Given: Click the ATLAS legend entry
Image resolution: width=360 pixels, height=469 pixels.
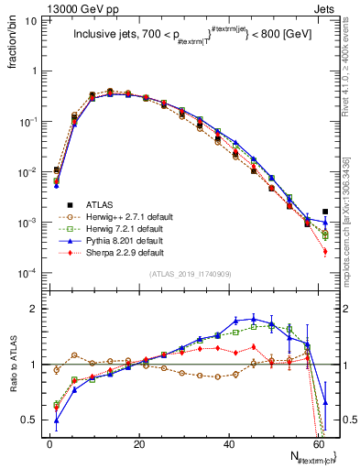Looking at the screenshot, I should tap(98, 204).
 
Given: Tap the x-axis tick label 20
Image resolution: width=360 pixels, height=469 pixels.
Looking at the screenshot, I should tap(139, 444).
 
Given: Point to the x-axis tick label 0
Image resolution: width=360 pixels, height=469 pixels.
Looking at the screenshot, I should tap(50, 444).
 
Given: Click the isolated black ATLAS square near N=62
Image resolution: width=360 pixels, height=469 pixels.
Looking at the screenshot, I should tap(325, 212).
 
